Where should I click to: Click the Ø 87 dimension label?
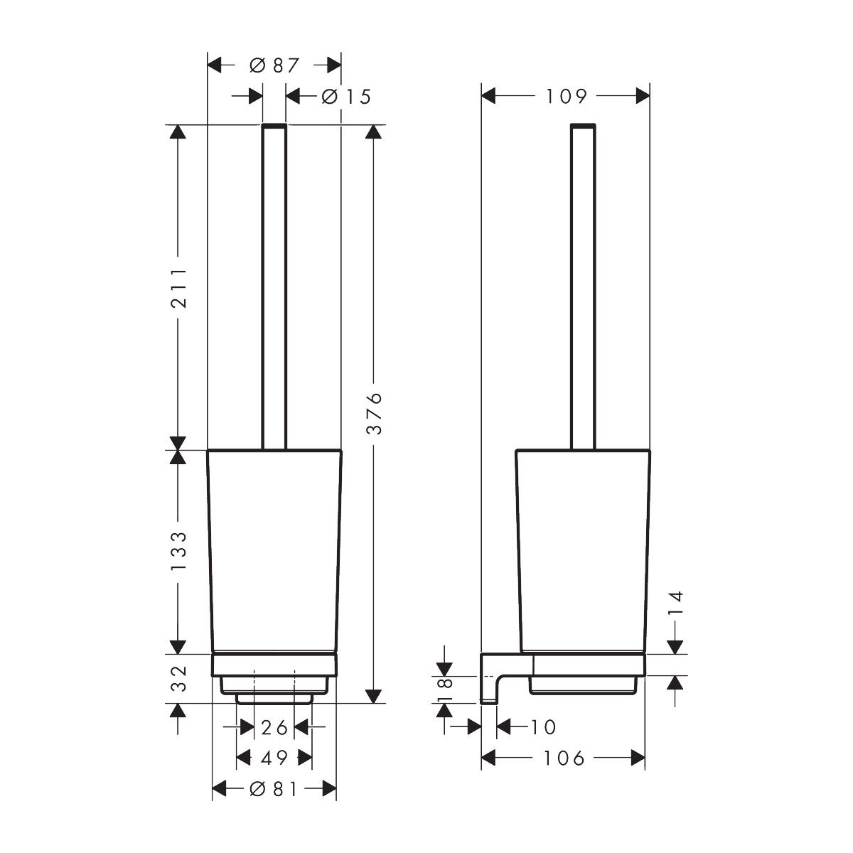274,65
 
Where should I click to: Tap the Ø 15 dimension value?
346,97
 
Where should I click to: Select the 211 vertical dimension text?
179,288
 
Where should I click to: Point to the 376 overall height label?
374,413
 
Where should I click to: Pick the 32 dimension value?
179,678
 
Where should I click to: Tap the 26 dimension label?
274,728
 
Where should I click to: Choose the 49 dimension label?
274,758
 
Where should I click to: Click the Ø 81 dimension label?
274,789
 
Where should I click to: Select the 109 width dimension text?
566,97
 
